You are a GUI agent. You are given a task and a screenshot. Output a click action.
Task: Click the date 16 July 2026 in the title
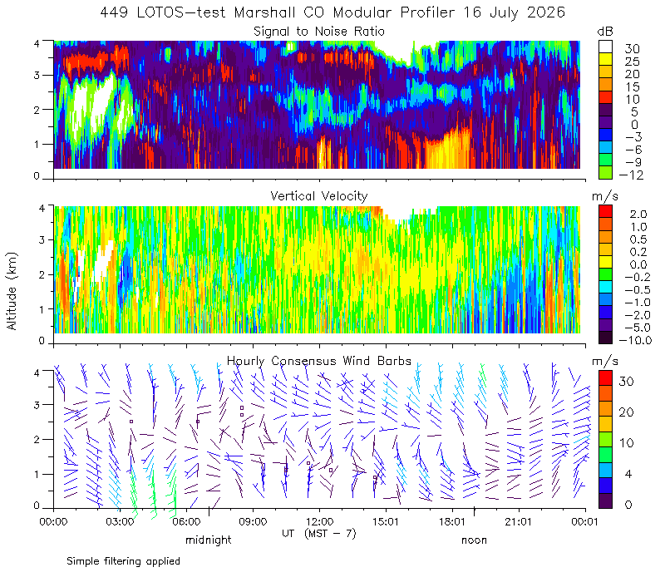514,12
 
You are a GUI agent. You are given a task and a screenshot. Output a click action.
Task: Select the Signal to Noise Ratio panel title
319,32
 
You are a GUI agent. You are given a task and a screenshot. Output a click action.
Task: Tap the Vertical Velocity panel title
319,196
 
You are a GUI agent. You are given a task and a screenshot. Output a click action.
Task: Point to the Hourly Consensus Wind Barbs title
319,361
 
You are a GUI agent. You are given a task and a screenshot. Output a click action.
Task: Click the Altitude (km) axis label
12,291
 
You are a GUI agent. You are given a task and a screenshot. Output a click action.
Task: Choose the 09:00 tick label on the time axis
253,521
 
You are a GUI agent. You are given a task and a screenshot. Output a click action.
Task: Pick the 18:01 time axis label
452,521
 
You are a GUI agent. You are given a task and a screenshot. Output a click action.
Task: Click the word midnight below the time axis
209,540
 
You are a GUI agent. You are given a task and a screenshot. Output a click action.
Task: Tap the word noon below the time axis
474,540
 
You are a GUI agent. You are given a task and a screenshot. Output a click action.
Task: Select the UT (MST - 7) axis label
319,533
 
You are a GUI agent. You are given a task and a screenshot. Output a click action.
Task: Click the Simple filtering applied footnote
123,562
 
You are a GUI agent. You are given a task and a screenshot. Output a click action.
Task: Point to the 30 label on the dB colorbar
632,49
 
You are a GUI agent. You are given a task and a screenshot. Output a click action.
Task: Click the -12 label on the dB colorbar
631,175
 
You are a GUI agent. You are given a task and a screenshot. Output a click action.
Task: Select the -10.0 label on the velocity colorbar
635,340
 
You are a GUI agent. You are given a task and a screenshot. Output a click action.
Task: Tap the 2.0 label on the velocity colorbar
638,214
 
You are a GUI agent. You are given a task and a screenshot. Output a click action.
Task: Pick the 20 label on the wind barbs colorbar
626,412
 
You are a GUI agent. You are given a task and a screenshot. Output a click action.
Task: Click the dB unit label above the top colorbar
605,32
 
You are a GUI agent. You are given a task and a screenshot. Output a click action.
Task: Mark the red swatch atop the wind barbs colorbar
605,378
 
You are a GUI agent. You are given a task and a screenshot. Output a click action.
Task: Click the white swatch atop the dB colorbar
605,47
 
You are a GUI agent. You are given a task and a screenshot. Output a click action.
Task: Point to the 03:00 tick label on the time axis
120,521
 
